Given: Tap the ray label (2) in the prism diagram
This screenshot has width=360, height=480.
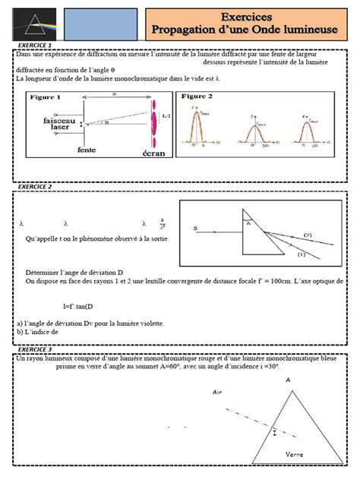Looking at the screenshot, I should tap(308, 238).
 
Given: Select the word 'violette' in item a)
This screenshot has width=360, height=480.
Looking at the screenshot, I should tap(147, 323).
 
